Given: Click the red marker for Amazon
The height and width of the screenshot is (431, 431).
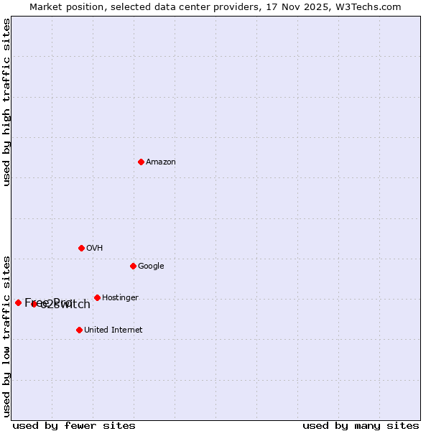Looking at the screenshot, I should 141,162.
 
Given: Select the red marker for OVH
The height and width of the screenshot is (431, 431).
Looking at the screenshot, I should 81,248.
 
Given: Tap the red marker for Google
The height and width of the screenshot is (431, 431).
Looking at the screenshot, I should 133,266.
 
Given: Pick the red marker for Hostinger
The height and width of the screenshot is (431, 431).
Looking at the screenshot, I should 97,297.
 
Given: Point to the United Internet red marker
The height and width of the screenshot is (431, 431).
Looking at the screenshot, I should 79,330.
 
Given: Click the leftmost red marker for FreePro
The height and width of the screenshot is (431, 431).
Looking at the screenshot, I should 18,302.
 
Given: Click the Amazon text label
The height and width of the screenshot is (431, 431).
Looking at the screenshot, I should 161,162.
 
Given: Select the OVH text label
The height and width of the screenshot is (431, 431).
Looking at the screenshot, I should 95,249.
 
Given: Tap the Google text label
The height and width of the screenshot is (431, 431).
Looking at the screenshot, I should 151,267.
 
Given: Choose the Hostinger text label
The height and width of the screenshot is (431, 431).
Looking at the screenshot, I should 120,298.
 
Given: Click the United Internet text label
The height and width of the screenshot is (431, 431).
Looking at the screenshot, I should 113,330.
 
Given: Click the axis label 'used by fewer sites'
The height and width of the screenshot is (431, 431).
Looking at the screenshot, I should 74,425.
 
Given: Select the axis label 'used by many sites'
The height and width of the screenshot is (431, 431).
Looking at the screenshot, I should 361,425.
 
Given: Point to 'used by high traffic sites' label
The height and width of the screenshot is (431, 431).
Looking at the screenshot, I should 6,102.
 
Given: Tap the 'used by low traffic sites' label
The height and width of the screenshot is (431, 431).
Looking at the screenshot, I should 6,336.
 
